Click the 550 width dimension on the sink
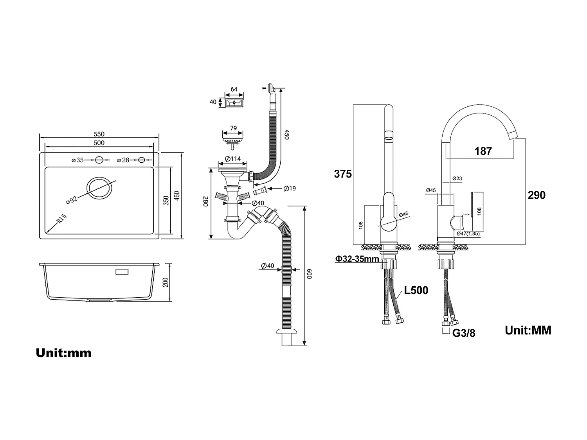[99, 134]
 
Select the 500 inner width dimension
[99, 143]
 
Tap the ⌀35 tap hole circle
[99, 160]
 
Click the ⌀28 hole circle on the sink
[142, 160]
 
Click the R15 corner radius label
[61, 219]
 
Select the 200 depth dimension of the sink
[166, 282]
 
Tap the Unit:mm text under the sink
[63, 353]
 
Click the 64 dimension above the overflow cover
[234, 89]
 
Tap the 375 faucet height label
[342, 174]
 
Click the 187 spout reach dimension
[483, 151]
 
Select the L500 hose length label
[416, 291]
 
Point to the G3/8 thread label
[464, 333]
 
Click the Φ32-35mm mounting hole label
[357, 259]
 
